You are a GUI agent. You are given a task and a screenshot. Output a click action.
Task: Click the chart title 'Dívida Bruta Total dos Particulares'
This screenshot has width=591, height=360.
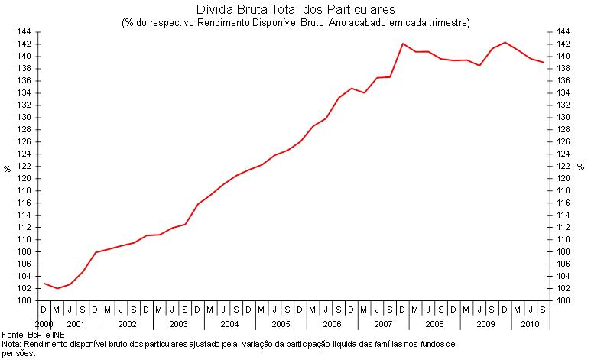[x=295, y=10]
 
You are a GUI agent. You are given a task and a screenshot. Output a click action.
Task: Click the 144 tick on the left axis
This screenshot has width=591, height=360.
[x=23, y=32]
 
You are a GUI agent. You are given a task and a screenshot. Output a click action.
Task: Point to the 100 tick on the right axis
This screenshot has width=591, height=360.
[x=563, y=300]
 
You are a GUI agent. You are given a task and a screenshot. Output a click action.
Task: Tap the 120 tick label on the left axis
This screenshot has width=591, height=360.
[x=23, y=179]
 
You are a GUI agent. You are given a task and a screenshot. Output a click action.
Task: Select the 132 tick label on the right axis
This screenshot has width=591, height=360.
[x=563, y=105]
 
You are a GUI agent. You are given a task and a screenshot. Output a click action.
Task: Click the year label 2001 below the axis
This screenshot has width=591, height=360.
[x=76, y=325]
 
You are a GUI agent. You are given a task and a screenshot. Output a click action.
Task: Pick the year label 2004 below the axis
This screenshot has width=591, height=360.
[x=229, y=325]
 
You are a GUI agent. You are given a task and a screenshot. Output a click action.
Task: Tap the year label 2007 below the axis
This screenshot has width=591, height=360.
[x=383, y=325]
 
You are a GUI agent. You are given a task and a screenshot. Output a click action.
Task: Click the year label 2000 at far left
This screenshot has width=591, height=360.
[x=44, y=325]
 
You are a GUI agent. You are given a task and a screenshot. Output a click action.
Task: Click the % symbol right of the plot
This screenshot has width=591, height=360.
[x=581, y=167]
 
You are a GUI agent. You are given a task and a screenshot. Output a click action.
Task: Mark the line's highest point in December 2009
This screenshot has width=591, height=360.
[x=505, y=42]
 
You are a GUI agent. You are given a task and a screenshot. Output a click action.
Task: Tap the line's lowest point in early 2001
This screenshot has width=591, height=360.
[x=57, y=288]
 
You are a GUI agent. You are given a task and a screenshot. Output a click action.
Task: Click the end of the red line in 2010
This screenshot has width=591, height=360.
[x=544, y=62]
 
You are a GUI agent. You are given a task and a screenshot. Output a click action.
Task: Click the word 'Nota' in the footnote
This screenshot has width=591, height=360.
[x=11, y=345]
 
